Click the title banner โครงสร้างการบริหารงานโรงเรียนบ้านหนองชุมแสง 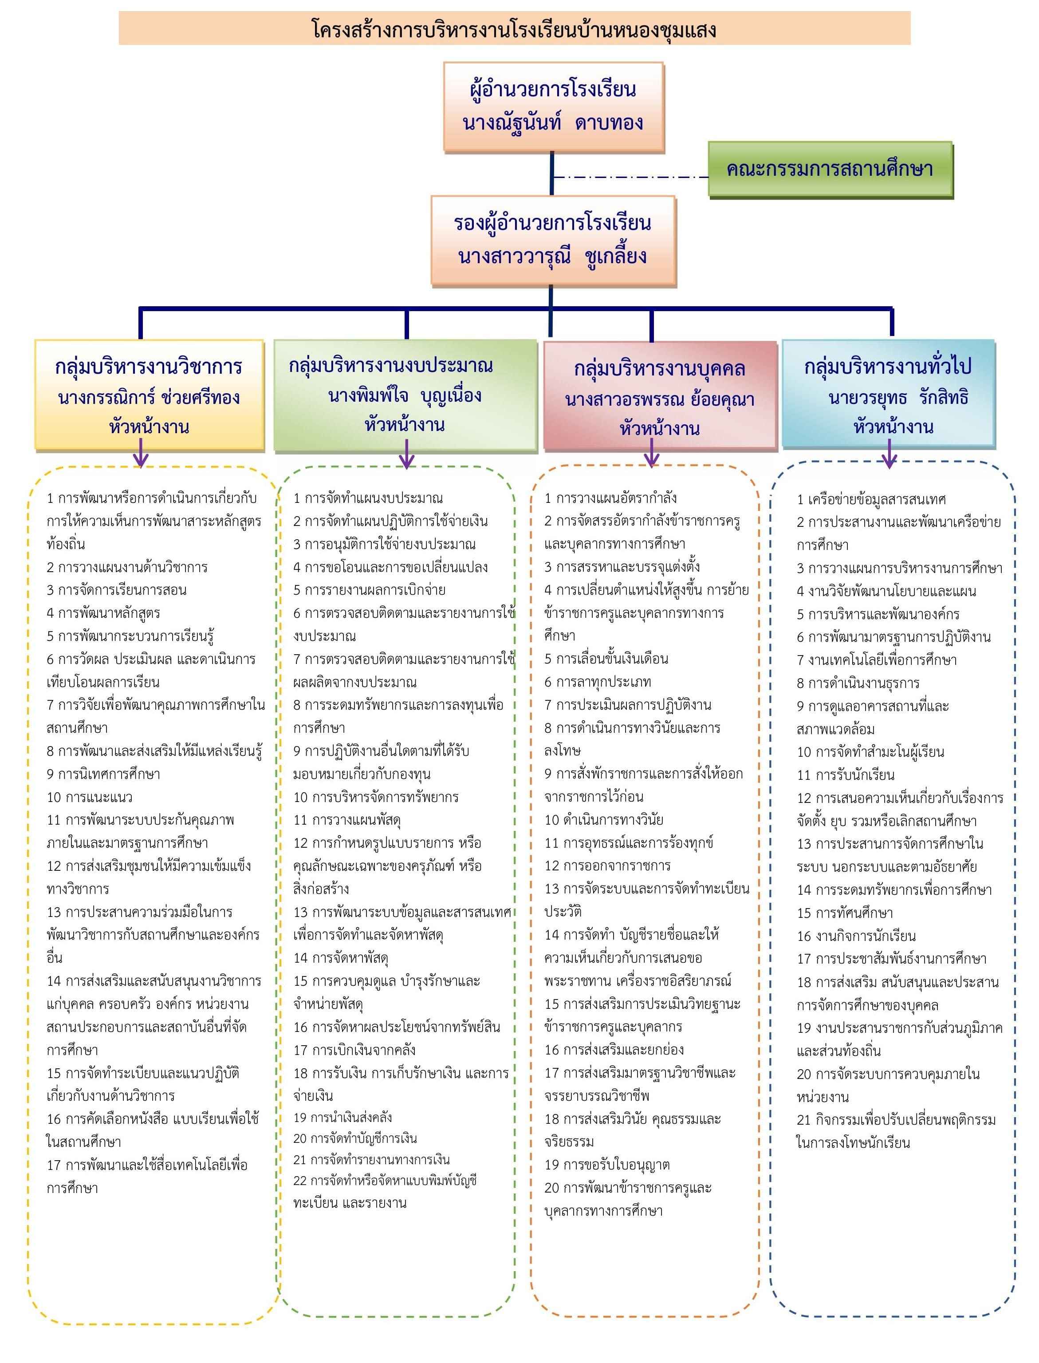pyautogui.click(x=515, y=28)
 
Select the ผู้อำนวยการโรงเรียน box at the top pyautogui.click(x=554, y=107)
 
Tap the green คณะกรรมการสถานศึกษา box pyautogui.click(x=830, y=169)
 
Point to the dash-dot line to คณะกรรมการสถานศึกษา pyautogui.click(x=630, y=178)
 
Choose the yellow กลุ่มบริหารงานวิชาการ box pyautogui.click(x=149, y=395)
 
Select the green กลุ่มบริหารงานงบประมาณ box pyautogui.click(x=405, y=395)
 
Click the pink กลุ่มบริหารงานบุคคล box pyautogui.click(x=660, y=396)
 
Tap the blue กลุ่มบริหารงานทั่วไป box pyautogui.click(x=888, y=394)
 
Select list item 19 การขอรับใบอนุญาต pyautogui.click(x=607, y=1165)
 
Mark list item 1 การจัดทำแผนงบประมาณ pyautogui.click(x=368, y=498)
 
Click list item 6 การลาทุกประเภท pyautogui.click(x=598, y=682)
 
